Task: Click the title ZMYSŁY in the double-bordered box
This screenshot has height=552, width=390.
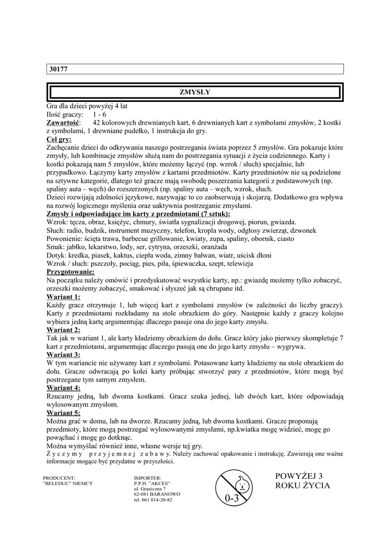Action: pos(194,92)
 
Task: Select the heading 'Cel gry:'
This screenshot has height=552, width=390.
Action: pos(59,139)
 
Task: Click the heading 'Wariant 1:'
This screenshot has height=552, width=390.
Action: pos(64,297)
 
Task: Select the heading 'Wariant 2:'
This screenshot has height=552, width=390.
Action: pos(64,330)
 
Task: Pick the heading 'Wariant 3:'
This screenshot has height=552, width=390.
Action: pos(64,355)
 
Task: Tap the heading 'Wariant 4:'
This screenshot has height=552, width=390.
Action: pos(64,388)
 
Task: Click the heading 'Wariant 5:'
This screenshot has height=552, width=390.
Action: pos(64,412)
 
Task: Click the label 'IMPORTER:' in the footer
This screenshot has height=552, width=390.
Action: pos(148,478)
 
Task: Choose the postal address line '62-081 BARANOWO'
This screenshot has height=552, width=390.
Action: pos(157,494)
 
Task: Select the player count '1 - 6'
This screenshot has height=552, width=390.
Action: pos(99,115)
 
